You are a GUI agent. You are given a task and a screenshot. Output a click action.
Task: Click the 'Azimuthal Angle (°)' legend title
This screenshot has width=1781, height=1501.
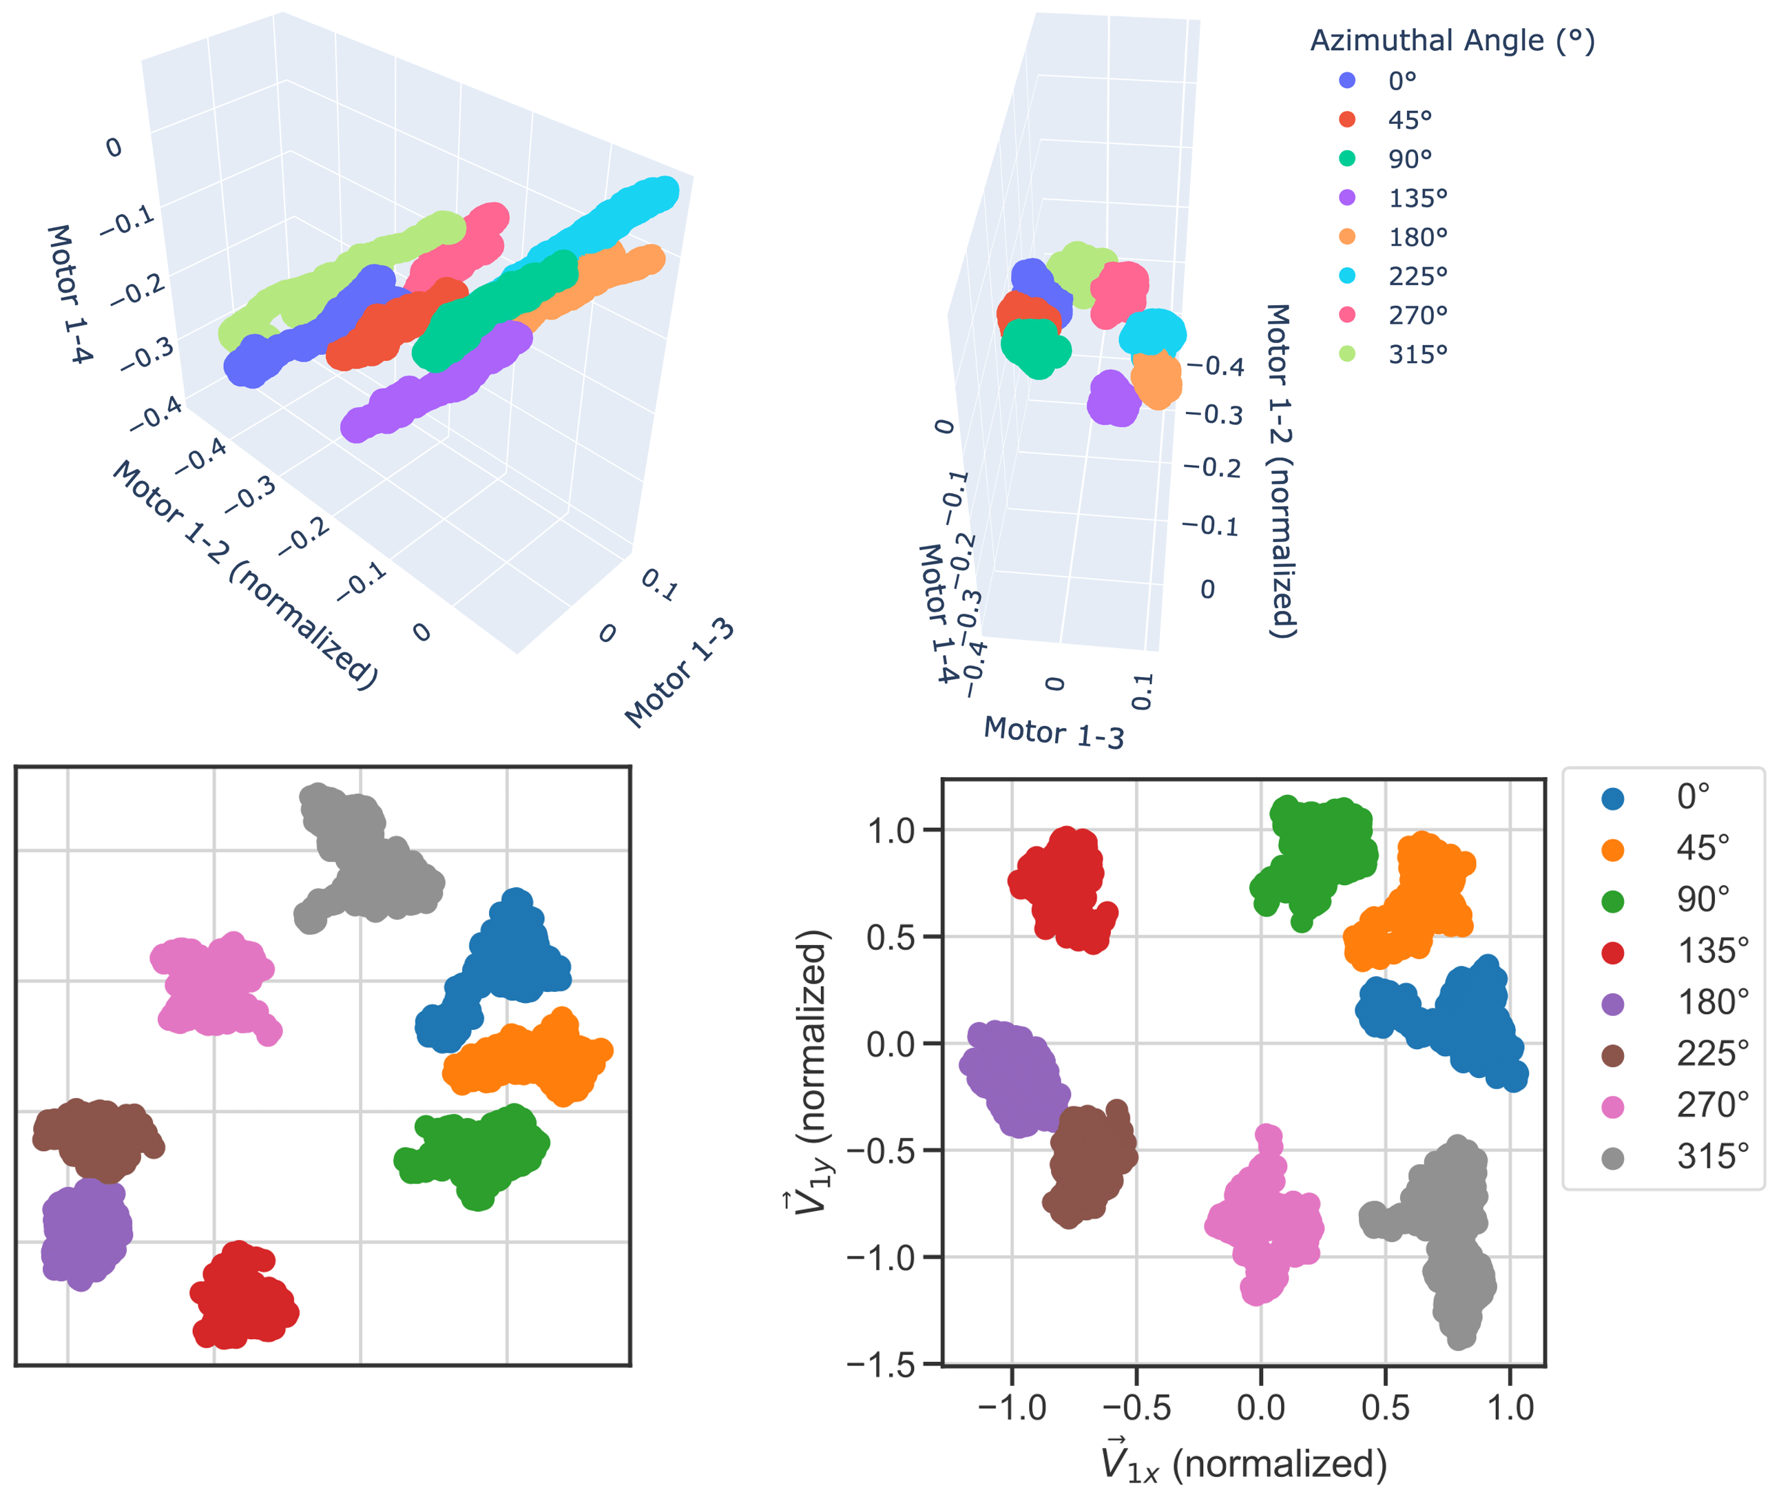click(x=1452, y=40)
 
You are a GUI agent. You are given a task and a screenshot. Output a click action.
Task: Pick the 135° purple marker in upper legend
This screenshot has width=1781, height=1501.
click(x=1347, y=198)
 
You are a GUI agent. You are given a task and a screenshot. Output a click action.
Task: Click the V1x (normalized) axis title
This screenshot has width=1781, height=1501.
click(x=1244, y=1462)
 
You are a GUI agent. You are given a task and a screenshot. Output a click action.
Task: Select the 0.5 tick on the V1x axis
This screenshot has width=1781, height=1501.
click(x=1385, y=1407)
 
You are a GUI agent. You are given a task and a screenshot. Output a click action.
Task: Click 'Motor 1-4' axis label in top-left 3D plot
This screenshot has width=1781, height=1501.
click(x=68, y=293)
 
